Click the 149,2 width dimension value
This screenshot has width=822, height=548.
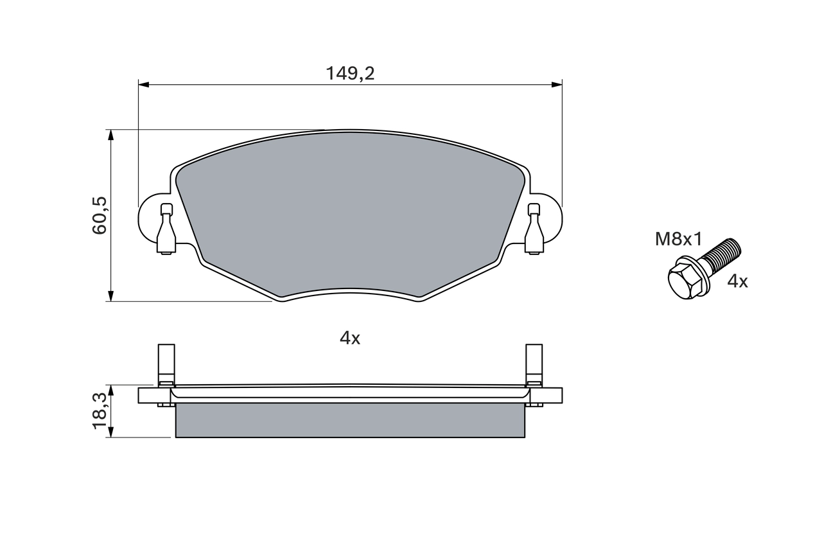click(350, 74)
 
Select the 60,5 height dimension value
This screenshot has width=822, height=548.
click(100, 215)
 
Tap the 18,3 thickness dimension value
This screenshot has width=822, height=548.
click(100, 411)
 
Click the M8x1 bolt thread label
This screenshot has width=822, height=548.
click(679, 240)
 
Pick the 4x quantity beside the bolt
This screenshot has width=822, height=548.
click(737, 281)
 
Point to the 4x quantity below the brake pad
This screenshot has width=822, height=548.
click(350, 339)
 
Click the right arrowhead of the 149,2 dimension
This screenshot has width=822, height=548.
click(557, 84)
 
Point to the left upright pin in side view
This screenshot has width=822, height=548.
click(166, 363)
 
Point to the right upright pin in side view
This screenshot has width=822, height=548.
click(534, 363)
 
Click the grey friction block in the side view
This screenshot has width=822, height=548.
click(350, 420)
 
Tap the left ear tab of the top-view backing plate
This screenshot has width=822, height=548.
click(149, 218)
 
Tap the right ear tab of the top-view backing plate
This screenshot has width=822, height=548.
click(551, 218)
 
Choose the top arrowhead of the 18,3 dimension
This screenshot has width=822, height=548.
click(111, 390)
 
